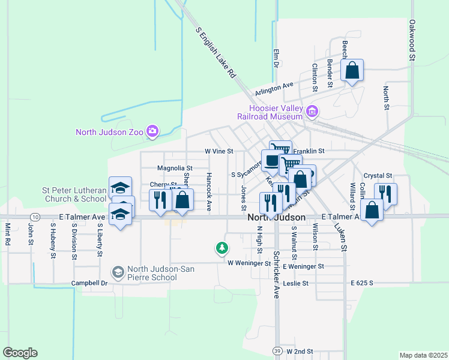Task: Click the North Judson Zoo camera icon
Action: (x=152, y=131)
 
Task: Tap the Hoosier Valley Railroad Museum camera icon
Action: (x=312, y=111)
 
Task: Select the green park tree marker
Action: (x=222, y=247)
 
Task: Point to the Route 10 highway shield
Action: (x=36, y=216)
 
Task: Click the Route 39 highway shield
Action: (x=277, y=350)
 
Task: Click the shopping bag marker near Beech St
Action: (x=352, y=71)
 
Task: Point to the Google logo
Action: (x=20, y=353)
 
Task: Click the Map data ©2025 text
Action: (x=423, y=355)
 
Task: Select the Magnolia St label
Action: (x=175, y=169)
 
